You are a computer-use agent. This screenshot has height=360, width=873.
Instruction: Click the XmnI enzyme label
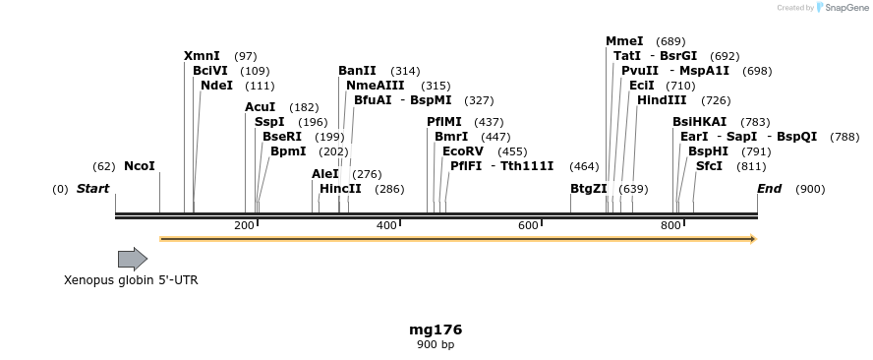coord(202,56)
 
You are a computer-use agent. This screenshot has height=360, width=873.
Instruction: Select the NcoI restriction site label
coord(140,166)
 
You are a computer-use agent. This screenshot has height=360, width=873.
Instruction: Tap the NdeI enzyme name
coord(216,86)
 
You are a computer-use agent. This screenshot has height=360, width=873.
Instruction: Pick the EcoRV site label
coord(463,151)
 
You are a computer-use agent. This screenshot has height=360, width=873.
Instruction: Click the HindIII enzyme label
coord(662,100)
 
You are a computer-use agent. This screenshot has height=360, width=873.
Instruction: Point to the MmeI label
coord(624,41)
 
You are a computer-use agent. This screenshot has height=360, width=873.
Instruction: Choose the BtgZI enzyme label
coord(589,189)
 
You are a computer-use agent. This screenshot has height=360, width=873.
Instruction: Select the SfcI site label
coord(709,166)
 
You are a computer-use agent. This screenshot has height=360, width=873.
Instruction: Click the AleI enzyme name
coord(325,174)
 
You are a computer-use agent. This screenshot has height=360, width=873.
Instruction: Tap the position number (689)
coord(671,41)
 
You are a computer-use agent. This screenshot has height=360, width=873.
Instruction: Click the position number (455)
coord(512,151)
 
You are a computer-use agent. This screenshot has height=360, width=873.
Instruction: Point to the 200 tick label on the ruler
coord(244,226)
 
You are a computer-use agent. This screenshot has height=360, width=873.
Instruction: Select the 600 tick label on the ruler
coord(528,226)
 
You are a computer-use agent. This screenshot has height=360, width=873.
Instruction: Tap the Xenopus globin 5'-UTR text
coord(131,280)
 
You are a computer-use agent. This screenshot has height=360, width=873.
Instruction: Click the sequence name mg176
coord(436,330)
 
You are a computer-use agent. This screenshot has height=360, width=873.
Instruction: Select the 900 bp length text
coord(436,345)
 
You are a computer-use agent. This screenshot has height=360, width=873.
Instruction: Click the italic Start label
coord(92,189)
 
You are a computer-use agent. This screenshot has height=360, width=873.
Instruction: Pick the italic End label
coord(769,189)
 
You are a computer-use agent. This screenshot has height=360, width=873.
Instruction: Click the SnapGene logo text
coord(844,8)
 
